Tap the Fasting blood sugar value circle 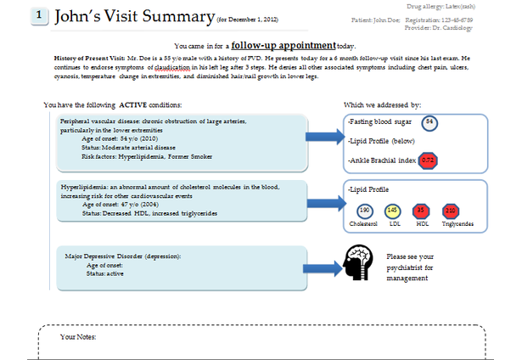pyautogui.click(x=430, y=122)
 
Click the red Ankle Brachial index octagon pyautogui.click(x=429, y=160)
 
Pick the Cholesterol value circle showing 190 pyautogui.click(x=365, y=211)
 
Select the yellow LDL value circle pyautogui.click(x=392, y=211)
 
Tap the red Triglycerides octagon pyautogui.click(x=451, y=211)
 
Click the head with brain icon pyautogui.click(x=361, y=262)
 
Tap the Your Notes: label pyautogui.click(x=79, y=337)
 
